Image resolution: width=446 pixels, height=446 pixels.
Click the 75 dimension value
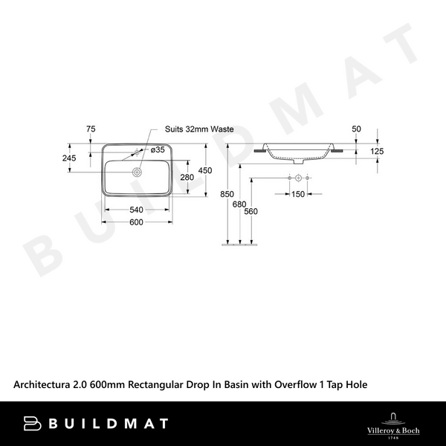pyautogui.click(x=91, y=129)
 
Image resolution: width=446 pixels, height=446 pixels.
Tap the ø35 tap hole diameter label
pyautogui.click(x=158, y=149)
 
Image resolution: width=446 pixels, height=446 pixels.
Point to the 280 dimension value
pyautogui.click(x=187, y=177)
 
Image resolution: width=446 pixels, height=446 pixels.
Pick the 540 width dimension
pyautogui.click(x=136, y=210)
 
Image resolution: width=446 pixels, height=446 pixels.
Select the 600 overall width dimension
pyautogui.click(x=136, y=223)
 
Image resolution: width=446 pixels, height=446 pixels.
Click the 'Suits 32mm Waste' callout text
pyautogui.click(x=199, y=129)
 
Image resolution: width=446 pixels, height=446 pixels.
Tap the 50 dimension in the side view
pyautogui.click(x=356, y=129)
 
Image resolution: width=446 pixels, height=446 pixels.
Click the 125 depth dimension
pyautogui.click(x=377, y=152)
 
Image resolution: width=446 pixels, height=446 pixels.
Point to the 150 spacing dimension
pyautogui.click(x=297, y=195)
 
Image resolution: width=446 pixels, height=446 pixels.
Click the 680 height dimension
pyautogui.click(x=239, y=204)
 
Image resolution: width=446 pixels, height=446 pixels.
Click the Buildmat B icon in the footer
pyautogui.click(x=33, y=423)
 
